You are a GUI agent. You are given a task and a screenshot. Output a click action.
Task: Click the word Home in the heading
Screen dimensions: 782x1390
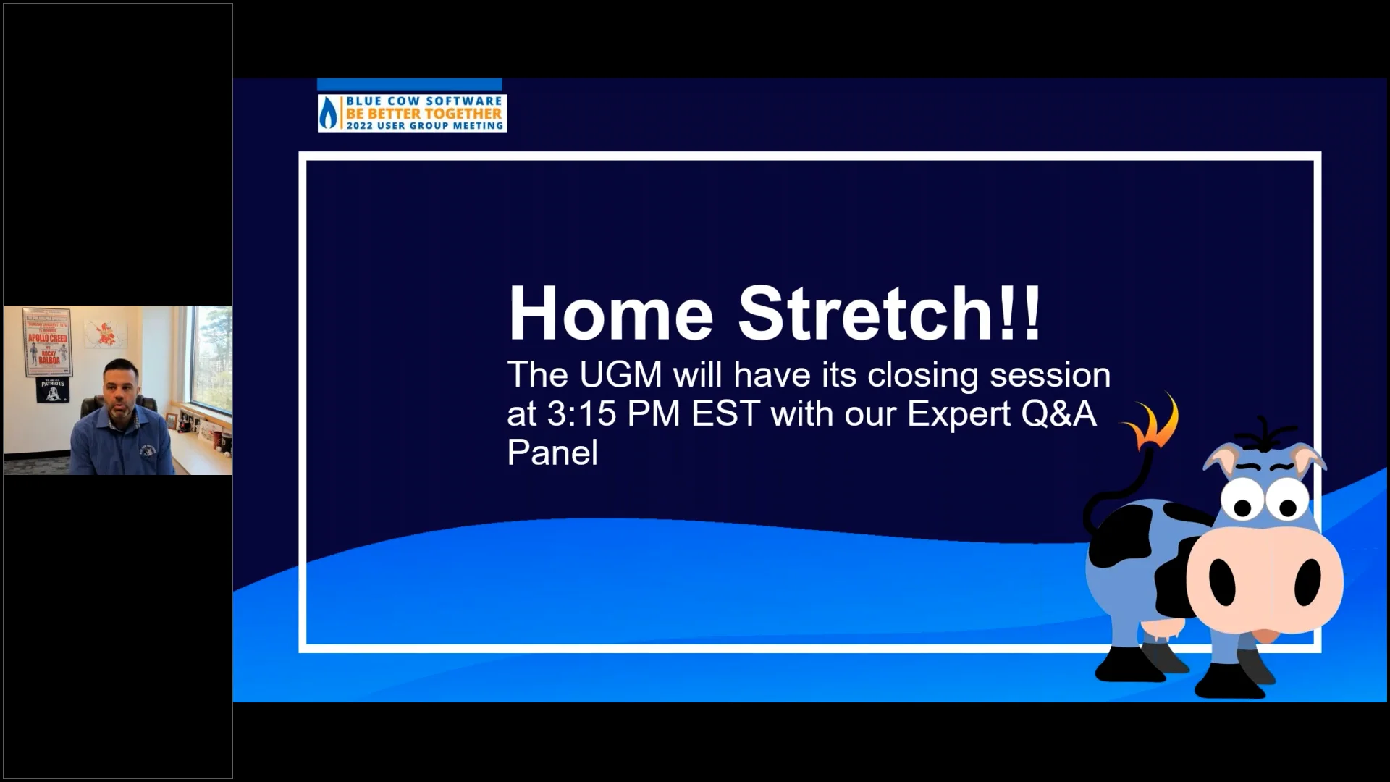pos(610,314)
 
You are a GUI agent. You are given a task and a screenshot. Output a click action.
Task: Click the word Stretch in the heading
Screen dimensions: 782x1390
pos(865,314)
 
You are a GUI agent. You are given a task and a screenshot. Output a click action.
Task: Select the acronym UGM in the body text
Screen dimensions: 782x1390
pos(620,375)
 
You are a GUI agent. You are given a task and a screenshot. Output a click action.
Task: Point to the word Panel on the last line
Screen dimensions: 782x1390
pos(552,453)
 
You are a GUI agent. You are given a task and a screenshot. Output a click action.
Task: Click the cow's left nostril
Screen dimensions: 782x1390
pos(1222,582)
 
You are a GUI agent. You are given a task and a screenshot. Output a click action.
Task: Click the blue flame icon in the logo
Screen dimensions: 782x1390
pos(329,114)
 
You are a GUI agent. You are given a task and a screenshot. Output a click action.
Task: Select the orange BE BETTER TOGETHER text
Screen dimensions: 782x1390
pos(424,114)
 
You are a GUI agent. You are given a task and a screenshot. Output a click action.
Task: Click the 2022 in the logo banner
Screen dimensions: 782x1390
pos(359,126)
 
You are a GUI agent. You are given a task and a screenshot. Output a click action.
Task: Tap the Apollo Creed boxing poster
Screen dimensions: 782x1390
pos(48,342)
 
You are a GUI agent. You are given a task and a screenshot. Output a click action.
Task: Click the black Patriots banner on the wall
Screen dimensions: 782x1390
pos(52,390)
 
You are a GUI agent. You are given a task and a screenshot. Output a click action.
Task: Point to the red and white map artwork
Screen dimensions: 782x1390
pos(106,335)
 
